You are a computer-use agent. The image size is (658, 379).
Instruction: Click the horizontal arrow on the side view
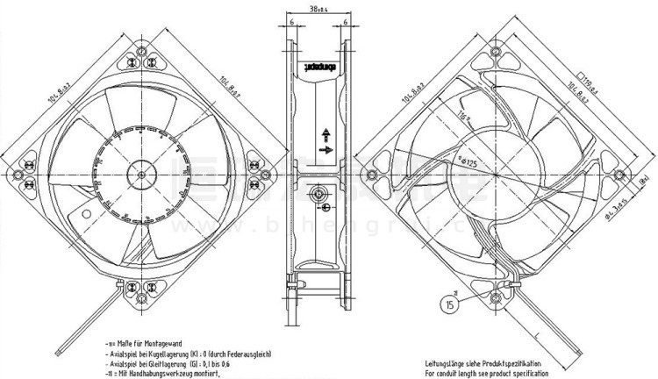point(326,151)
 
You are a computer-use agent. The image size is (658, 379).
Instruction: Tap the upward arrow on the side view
point(325,132)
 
